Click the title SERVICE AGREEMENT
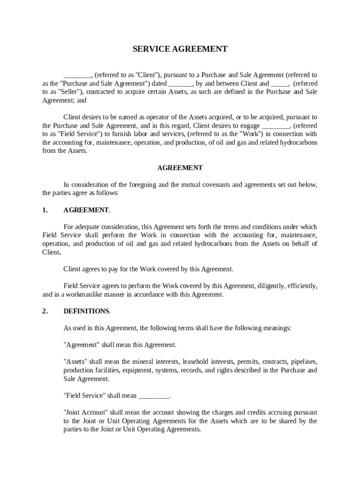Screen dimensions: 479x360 coord(180,49)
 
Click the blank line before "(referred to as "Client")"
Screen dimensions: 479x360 coord(78,75)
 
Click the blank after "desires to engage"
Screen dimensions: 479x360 coord(276,125)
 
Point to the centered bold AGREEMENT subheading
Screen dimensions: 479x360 coord(180,167)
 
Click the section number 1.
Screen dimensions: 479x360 coord(45,210)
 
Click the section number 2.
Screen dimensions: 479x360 coord(45,311)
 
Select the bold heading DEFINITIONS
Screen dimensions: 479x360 coord(86,311)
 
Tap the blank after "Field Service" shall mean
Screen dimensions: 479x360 coord(154,396)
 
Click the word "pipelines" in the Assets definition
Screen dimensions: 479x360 coord(304,362)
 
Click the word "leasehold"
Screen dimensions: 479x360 coord(196,362)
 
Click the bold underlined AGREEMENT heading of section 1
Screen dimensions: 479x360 coord(86,210)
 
